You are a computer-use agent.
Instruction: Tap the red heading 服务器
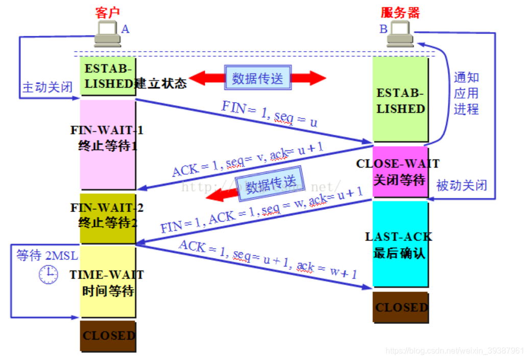400,12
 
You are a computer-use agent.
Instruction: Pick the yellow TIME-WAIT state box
108,282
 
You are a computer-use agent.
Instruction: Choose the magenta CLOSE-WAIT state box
400,172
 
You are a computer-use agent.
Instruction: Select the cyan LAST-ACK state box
400,244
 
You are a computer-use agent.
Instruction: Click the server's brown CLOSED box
401,307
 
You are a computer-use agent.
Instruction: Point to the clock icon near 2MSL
49,274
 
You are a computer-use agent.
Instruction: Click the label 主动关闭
46,87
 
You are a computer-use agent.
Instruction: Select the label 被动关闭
462,185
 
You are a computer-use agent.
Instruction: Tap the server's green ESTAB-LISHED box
400,100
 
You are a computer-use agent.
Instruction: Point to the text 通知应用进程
466,93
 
